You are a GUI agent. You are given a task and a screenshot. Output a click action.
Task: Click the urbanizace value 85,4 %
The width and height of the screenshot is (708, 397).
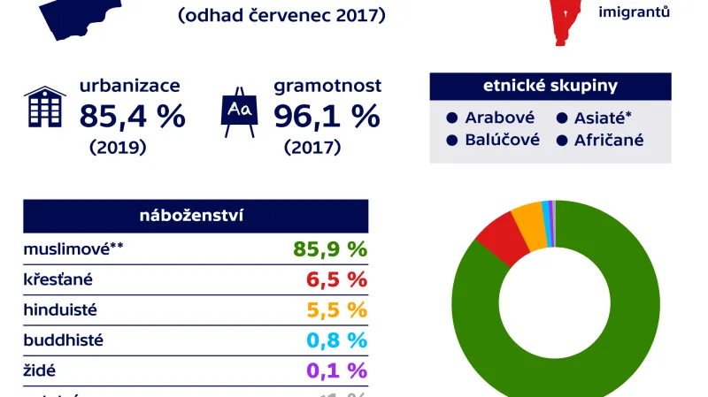[x=132, y=116]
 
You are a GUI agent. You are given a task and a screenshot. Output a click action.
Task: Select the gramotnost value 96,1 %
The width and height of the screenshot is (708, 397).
[x=327, y=116]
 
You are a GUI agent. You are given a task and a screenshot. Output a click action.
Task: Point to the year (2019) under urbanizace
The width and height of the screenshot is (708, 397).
[x=118, y=148]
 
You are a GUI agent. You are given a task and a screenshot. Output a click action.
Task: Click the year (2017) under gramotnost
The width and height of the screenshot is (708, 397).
[x=312, y=148]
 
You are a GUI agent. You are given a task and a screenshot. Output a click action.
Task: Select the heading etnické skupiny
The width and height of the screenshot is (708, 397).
[x=550, y=87]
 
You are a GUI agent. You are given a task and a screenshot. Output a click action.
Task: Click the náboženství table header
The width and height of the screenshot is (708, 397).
[x=196, y=217]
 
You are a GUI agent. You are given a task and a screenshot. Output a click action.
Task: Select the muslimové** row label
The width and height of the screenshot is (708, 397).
[x=73, y=249]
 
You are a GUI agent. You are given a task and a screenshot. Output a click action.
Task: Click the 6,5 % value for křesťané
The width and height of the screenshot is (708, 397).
[x=336, y=280]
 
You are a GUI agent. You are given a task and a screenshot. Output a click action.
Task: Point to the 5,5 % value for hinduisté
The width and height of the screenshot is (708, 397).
[x=336, y=310]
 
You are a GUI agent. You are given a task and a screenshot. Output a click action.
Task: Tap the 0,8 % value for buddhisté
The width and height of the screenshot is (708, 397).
[x=336, y=340]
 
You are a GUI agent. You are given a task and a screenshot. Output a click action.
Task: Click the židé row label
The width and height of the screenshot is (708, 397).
[x=39, y=370]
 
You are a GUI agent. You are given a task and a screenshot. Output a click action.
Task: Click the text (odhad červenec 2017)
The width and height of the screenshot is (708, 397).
[x=281, y=16]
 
